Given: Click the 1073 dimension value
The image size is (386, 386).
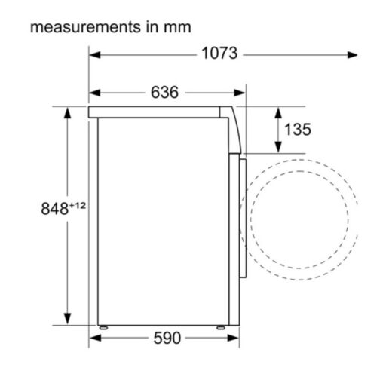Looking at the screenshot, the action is [219, 54].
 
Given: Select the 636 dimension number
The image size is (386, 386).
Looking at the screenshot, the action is [164, 92].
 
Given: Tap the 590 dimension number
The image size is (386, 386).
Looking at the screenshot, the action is [167, 338].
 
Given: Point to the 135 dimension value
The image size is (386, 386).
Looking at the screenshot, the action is [298, 130].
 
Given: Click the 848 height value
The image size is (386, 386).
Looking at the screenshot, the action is [54, 209].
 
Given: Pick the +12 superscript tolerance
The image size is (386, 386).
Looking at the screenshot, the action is [78, 206].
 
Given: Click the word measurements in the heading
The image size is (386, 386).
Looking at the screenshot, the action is [85, 27].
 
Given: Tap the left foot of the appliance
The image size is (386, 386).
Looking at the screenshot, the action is [103, 327].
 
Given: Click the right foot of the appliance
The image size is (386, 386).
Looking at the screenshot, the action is [221, 327].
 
